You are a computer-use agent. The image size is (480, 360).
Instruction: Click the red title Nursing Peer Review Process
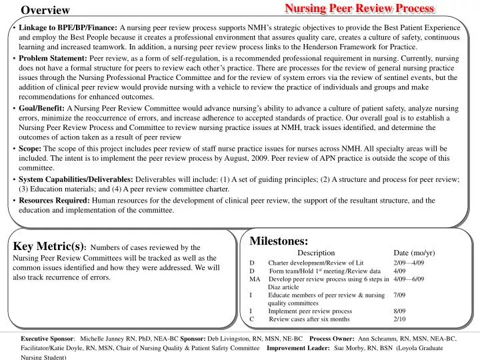coord(359,8)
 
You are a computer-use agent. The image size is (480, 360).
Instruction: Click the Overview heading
coord(45,10)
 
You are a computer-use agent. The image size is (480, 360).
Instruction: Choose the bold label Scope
coord(31,149)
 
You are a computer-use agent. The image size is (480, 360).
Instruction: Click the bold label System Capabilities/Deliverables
coord(76,179)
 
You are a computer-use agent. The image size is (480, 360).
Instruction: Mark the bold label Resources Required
coord(54,200)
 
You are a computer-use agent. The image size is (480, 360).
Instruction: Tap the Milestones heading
coord(279,241)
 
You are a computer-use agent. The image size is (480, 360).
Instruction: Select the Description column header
coord(316,253)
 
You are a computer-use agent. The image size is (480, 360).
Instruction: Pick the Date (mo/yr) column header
coord(413,253)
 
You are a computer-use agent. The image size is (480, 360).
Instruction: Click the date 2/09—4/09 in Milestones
coord(408,263)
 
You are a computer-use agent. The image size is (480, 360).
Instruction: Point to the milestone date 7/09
coord(399,295)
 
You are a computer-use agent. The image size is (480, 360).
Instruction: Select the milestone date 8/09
coord(399,311)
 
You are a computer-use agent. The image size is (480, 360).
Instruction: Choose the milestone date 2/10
coord(399,319)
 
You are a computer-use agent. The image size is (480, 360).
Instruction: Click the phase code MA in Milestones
coord(254,279)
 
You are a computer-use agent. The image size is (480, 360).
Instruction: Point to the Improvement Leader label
coord(298,348)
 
